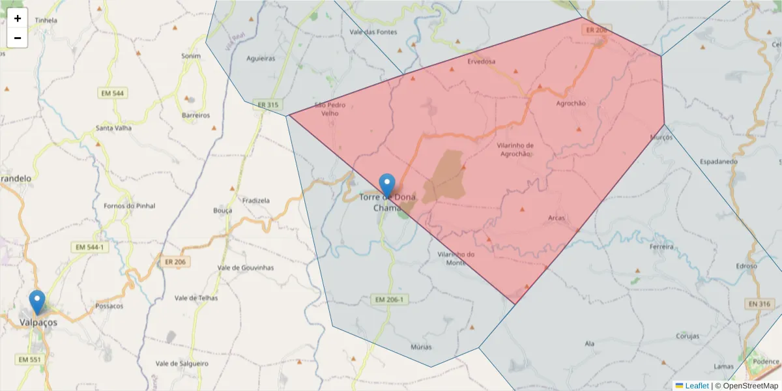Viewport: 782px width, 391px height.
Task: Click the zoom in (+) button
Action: [x=18, y=18]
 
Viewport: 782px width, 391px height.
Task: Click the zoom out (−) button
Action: [x=18, y=38]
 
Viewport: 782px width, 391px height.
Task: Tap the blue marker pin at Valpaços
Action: [x=37, y=302]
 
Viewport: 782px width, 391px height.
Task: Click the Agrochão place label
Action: [x=571, y=103]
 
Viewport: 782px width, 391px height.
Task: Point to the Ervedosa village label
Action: [x=482, y=61]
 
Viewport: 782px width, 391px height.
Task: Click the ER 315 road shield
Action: [x=268, y=105]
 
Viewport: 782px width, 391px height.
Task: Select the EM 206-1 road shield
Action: [x=390, y=300]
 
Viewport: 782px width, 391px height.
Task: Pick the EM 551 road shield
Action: [x=29, y=360]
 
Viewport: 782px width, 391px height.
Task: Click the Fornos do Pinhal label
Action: [x=130, y=206]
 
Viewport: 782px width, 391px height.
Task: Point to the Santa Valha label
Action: [x=113, y=128]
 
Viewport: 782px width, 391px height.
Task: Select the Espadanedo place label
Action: [x=718, y=161]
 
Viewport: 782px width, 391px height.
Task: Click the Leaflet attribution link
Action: [x=697, y=386]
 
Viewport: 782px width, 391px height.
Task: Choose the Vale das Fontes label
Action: [x=373, y=31]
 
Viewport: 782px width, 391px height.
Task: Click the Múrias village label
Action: [x=422, y=347]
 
